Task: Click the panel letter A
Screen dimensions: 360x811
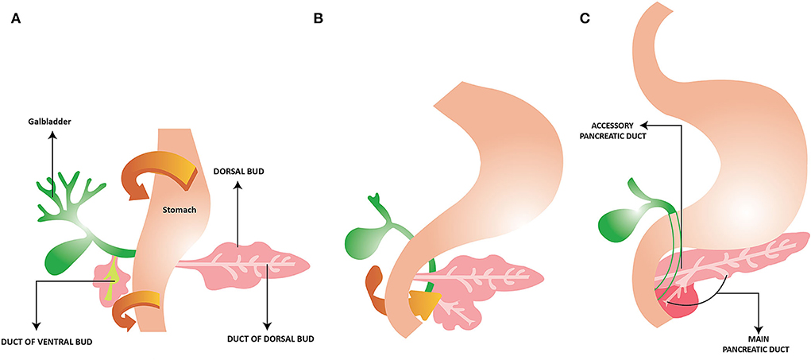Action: coord(16,17)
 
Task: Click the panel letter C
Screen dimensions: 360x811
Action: coord(585,17)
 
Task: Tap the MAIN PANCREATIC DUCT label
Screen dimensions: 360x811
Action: coord(760,343)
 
